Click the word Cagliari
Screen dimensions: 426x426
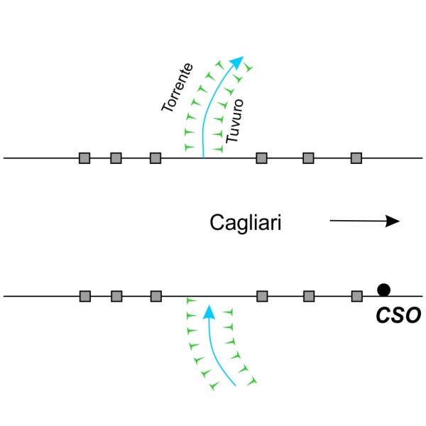tap(246, 222)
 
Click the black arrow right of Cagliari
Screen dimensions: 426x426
tap(365, 221)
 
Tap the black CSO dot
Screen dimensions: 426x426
tap(383, 289)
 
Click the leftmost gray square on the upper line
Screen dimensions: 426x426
tap(84, 158)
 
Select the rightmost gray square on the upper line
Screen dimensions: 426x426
tap(357, 158)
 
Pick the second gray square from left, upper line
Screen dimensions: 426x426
tap(116, 158)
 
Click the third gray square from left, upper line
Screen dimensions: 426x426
tap(155, 158)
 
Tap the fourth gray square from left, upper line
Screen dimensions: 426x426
tap(261, 158)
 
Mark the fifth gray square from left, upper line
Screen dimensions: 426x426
tap(308, 158)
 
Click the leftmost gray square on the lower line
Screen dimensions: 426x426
tap(84, 296)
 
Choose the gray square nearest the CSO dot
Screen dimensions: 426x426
tap(357, 296)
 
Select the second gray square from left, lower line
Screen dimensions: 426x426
tap(116, 296)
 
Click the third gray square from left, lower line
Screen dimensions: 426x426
tap(156, 296)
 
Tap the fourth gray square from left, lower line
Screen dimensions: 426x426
tap(262, 296)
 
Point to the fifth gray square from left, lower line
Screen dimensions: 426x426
tap(309, 296)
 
